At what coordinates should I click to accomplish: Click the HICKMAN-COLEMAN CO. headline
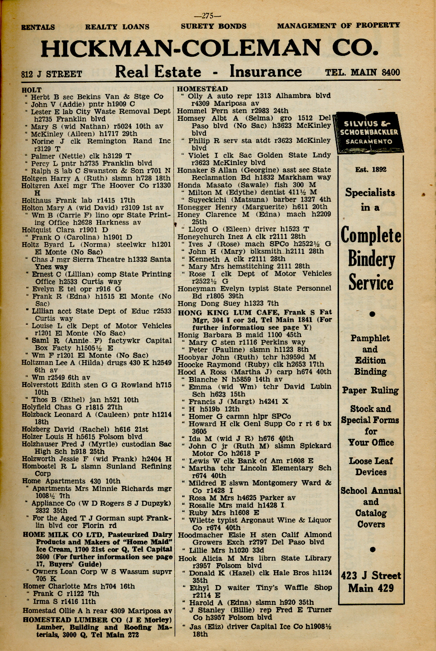209,48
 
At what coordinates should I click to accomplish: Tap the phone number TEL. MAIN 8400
362,72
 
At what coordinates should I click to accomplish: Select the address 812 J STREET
51,74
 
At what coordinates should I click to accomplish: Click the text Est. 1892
371,170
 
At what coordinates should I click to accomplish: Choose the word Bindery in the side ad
371,259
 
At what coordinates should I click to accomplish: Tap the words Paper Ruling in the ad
371,391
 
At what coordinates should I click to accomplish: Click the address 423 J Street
371,575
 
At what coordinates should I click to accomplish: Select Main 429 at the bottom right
371,588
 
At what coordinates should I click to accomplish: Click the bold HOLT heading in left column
31,90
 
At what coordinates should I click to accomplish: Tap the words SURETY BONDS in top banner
213,26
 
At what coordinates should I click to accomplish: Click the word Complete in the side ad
371,235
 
